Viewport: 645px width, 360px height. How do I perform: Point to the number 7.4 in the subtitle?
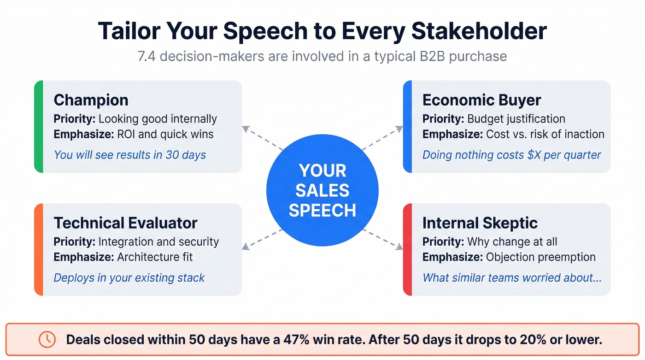coord(147,56)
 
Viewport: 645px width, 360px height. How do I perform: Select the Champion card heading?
coord(91,100)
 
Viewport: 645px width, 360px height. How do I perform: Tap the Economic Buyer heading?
coord(481,100)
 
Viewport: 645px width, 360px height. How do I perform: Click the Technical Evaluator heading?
coord(125,223)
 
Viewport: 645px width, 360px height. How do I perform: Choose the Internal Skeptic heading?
coord(480,223)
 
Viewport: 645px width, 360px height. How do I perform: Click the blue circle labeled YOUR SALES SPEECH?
coord(322,190)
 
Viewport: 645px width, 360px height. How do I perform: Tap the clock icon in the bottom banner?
coord(47,340)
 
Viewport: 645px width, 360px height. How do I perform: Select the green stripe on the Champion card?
coord(39,126)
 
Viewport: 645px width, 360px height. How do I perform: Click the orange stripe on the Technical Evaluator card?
coord(39,249)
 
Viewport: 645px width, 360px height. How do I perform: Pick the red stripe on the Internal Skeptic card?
coord(407,249)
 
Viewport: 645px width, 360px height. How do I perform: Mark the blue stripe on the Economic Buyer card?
coord(407,126)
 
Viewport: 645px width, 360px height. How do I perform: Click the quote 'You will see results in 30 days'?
coord(129,154)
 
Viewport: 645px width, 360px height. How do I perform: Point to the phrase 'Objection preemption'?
coord(540,257)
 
